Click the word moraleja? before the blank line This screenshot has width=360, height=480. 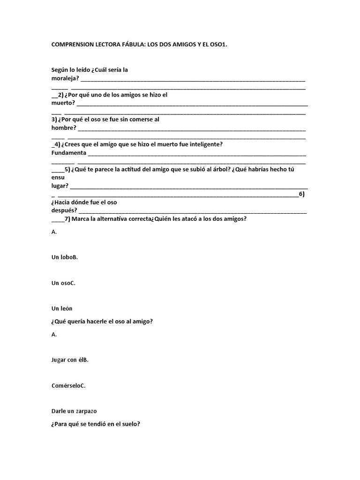[65, 78]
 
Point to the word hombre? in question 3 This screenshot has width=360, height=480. [63, 128]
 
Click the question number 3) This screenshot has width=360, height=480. [55, 120]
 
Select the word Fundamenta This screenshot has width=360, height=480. [68, 153]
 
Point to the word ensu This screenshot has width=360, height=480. [58, 178]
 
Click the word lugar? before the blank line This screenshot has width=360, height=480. [60, 186]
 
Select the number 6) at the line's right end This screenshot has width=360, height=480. [302, 194]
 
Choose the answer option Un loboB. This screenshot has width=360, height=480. [65, 257]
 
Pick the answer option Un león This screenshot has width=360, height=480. [62, 308]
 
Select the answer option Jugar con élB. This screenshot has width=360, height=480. [70, 360]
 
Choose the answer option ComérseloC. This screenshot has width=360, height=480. [68, 385]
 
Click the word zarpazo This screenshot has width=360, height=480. [85, 411]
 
